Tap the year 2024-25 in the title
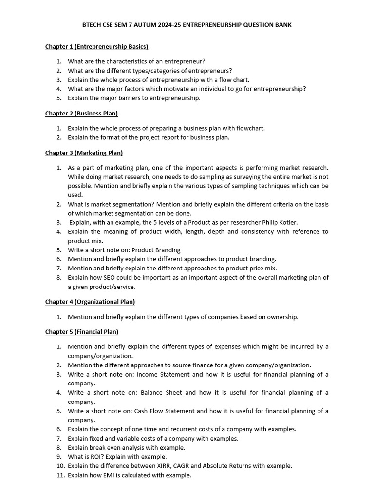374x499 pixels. pos(174,25)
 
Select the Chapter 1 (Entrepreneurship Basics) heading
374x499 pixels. pos(96,47)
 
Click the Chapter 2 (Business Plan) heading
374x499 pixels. pos(81,114)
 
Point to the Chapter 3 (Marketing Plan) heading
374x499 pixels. pos(84,153)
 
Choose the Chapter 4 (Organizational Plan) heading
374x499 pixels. pos(90,302)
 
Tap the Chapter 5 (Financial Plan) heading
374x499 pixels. pos(82,332)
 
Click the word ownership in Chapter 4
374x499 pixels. pos(281,317)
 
